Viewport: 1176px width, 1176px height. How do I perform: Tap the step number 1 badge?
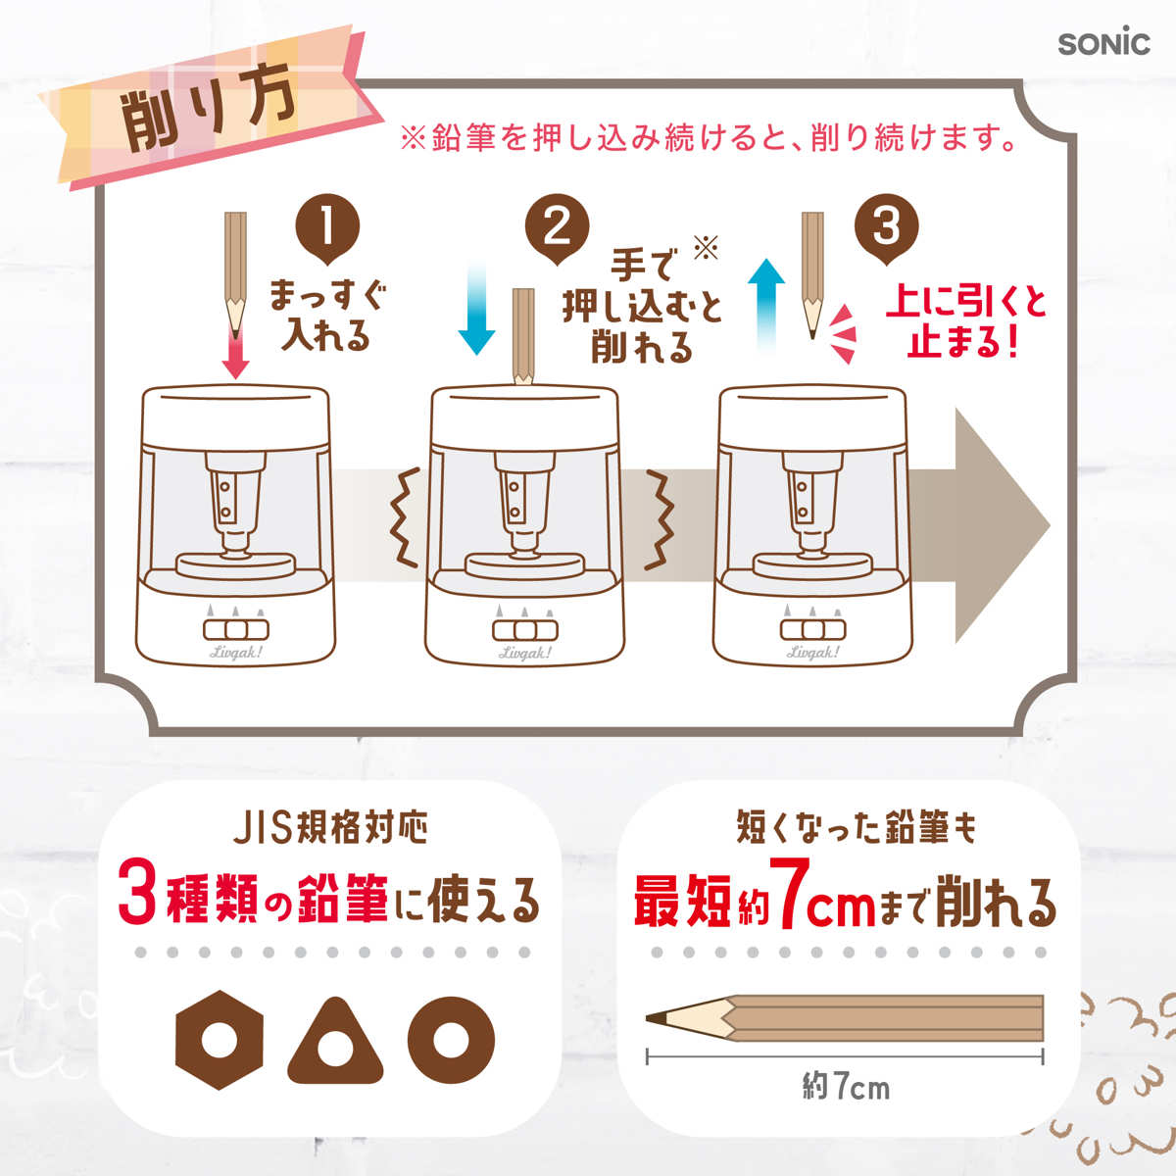point(327,228)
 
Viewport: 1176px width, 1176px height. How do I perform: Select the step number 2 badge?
point(557,228)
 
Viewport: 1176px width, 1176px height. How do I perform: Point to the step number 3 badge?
point(886,228)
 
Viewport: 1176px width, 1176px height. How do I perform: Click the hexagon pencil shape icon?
point(220,1040)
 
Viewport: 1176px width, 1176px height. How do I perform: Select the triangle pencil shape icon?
point(335,1043)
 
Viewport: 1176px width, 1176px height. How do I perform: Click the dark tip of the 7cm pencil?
point(656,1018)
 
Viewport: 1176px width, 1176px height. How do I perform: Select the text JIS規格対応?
point(330,826)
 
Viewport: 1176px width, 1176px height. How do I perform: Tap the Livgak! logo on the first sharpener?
point(235,651)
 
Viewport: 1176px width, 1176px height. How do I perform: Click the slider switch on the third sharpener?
point(812,629)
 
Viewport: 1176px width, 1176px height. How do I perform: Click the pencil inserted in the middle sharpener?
point(523,336)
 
